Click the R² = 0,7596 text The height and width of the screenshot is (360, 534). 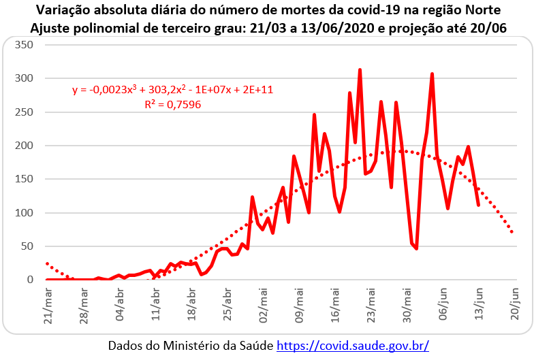172,105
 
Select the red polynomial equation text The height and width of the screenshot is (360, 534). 172,89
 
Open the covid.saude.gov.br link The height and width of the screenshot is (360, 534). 352,346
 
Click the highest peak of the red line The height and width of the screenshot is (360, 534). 360,69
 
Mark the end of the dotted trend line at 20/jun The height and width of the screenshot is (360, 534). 512,232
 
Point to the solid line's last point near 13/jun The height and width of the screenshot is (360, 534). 478,205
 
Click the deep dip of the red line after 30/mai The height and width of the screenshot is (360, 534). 416,248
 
